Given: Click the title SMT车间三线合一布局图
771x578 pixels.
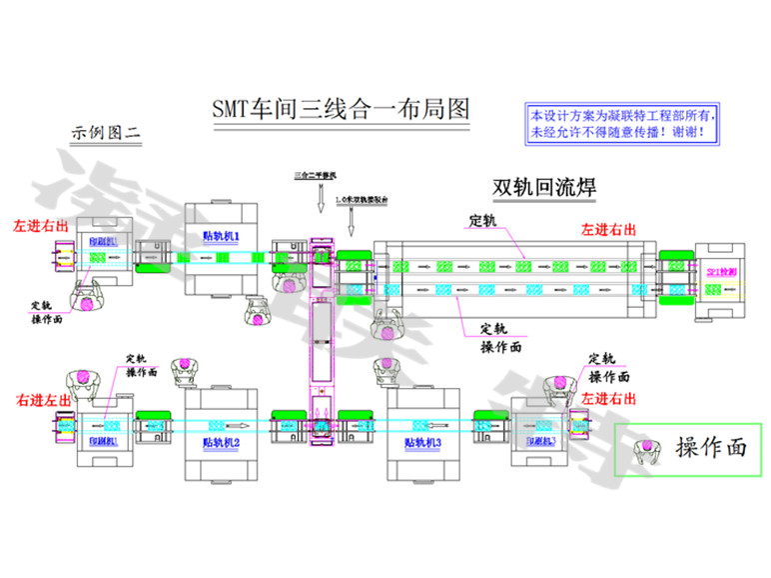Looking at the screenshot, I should point(341,108).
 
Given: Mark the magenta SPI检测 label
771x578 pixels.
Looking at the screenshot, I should point(719,272).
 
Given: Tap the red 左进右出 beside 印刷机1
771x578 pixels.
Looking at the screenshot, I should point(41,226).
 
